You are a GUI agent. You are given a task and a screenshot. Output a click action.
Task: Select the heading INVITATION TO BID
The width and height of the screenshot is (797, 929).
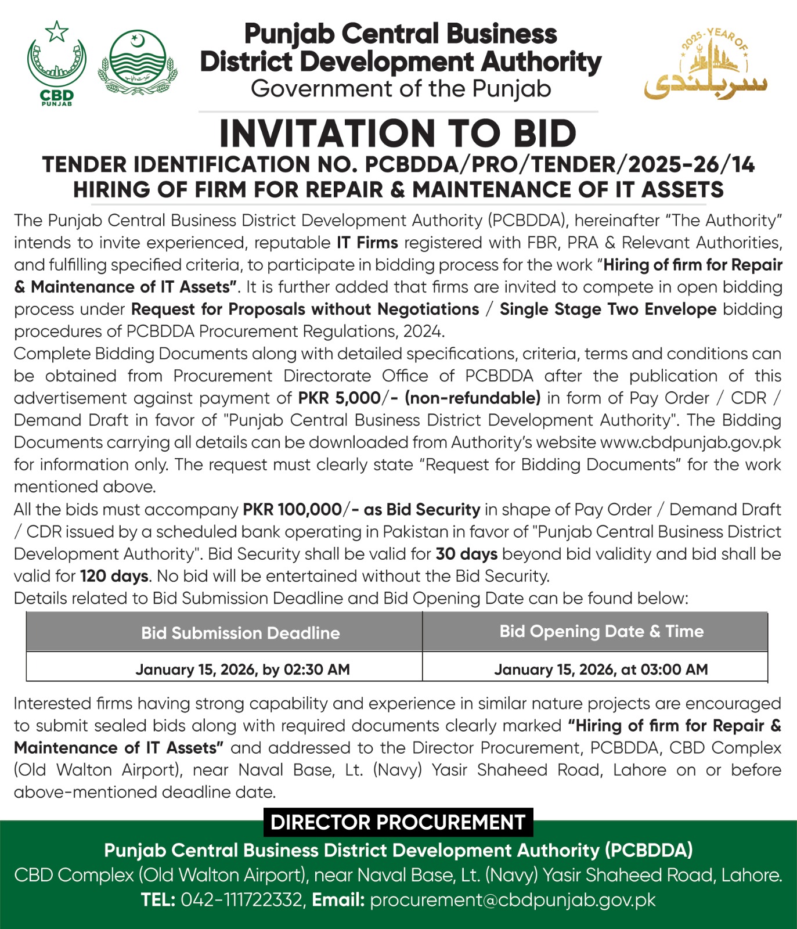point(398,134)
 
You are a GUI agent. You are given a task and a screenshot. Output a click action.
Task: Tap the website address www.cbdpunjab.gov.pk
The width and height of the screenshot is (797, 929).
point(691,442)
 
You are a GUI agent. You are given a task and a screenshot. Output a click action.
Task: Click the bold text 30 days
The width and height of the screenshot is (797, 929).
point(466,554)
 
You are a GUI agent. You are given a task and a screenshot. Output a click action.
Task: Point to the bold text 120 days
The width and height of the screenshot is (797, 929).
point(114,576)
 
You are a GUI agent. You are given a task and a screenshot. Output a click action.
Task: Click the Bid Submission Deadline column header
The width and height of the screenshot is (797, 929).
point(240,633)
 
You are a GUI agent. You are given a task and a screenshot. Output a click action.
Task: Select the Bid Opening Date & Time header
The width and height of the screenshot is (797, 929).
point(601,632)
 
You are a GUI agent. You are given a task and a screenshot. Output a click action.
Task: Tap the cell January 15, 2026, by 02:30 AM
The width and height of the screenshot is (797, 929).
point(243,669)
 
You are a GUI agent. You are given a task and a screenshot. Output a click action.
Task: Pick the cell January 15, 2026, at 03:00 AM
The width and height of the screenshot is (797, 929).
point(601,669)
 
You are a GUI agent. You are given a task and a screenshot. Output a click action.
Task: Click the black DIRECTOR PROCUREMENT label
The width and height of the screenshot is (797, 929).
point(398,822)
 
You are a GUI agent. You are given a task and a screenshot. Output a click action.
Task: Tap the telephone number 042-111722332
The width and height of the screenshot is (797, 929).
point(241,900)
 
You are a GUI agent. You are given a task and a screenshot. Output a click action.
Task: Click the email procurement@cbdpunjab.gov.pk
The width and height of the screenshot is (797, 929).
point(513,900)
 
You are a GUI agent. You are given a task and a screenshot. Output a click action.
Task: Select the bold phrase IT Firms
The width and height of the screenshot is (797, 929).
point(367,243)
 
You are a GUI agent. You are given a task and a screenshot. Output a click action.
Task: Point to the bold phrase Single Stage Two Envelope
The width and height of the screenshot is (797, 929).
point(608,309)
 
